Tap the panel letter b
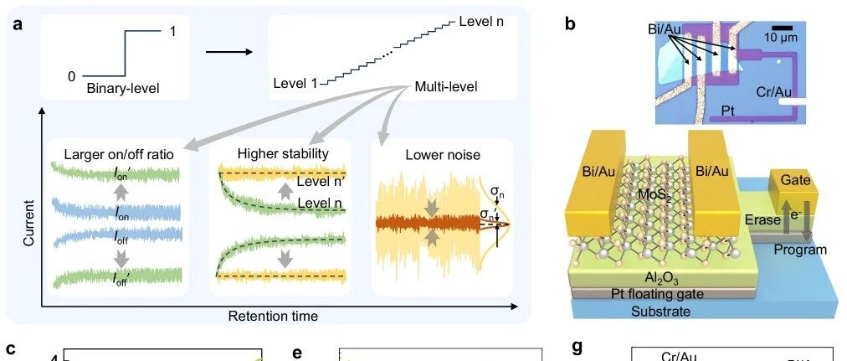[570, 23]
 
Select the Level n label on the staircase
[481, 19]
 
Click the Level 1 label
[295, 82]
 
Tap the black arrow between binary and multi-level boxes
[228, 53]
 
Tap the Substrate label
[662, 311]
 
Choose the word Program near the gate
[800, 249]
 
